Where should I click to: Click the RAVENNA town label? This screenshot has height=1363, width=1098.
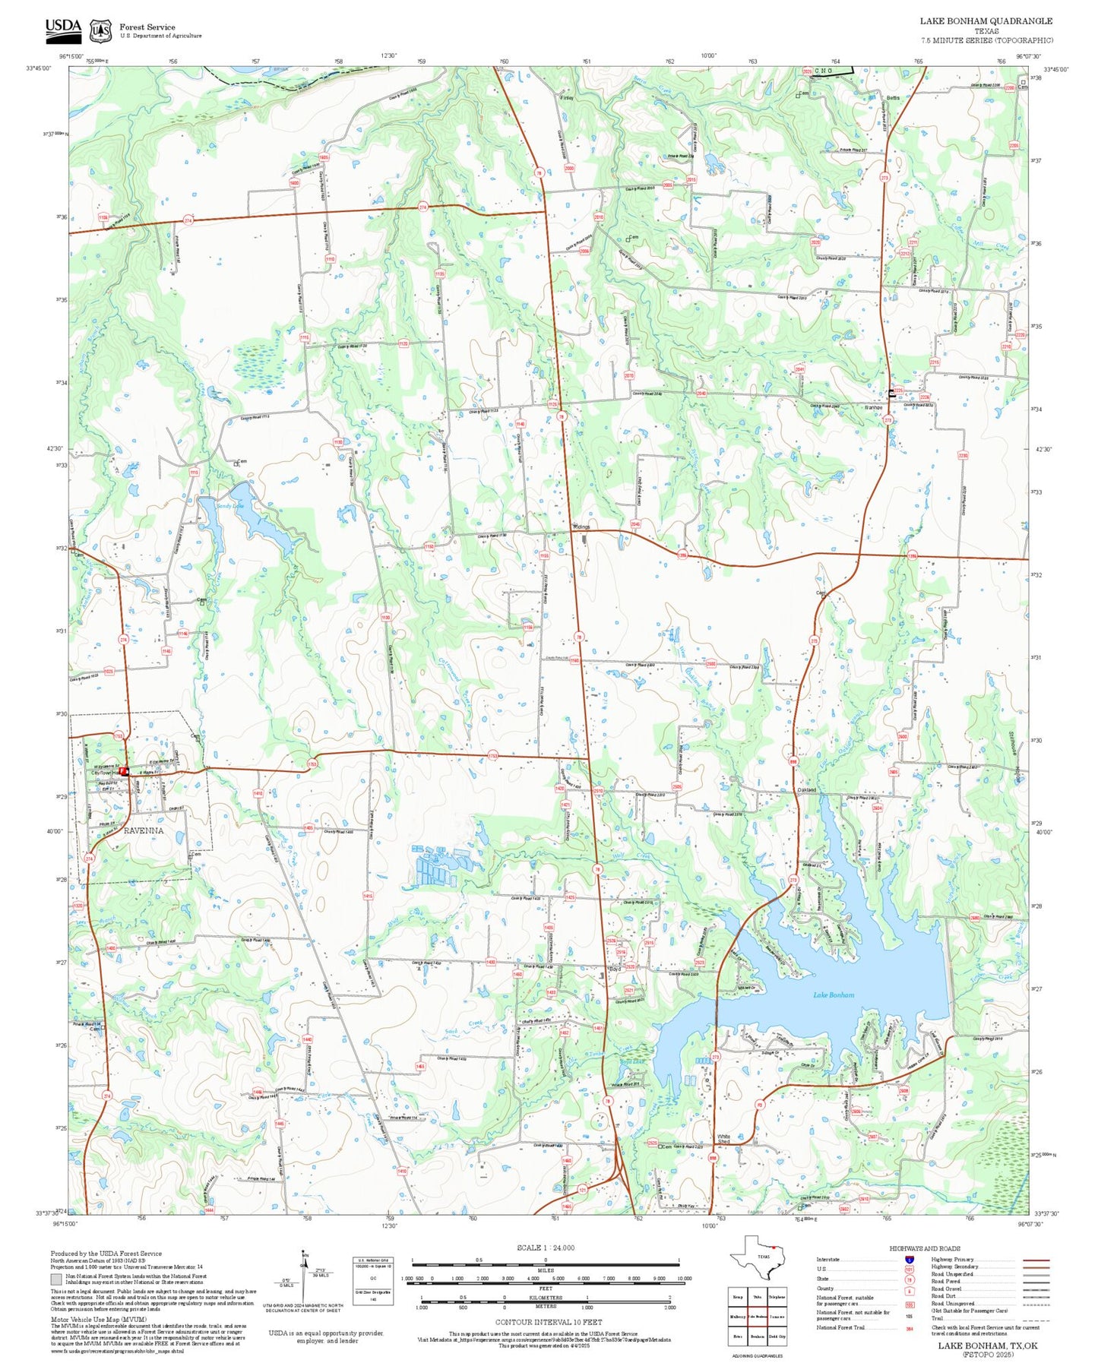144,830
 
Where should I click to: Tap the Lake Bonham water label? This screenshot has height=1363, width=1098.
834,995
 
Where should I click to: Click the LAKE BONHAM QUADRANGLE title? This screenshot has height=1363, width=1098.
986,21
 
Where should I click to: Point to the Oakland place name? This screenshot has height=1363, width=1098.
806,789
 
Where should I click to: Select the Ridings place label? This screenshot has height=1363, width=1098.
581,527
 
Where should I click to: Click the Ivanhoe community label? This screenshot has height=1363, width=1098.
874,407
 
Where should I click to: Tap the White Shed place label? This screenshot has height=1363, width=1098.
723,1140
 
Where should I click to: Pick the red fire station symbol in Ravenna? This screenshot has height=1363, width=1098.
125,770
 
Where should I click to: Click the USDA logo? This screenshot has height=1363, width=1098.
63,28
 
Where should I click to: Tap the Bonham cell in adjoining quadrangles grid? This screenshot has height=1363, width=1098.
757,1336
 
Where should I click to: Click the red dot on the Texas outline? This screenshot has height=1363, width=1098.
772,1247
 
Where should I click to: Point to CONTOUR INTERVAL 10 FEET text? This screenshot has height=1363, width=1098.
544,1322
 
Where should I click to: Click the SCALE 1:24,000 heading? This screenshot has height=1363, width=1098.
545,1248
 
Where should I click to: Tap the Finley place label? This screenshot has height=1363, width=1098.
568,98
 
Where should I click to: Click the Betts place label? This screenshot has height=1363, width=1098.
893,97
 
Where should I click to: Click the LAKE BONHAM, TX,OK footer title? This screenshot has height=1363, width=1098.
987,1346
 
